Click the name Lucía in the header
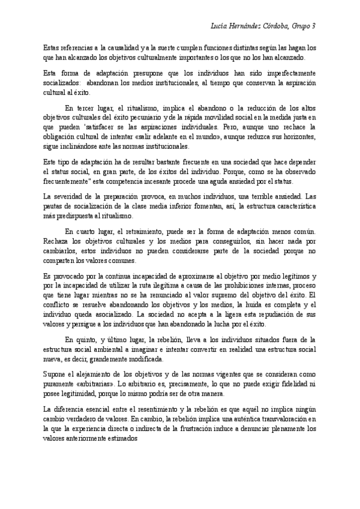pyautogui.click(x=222, y=26)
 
